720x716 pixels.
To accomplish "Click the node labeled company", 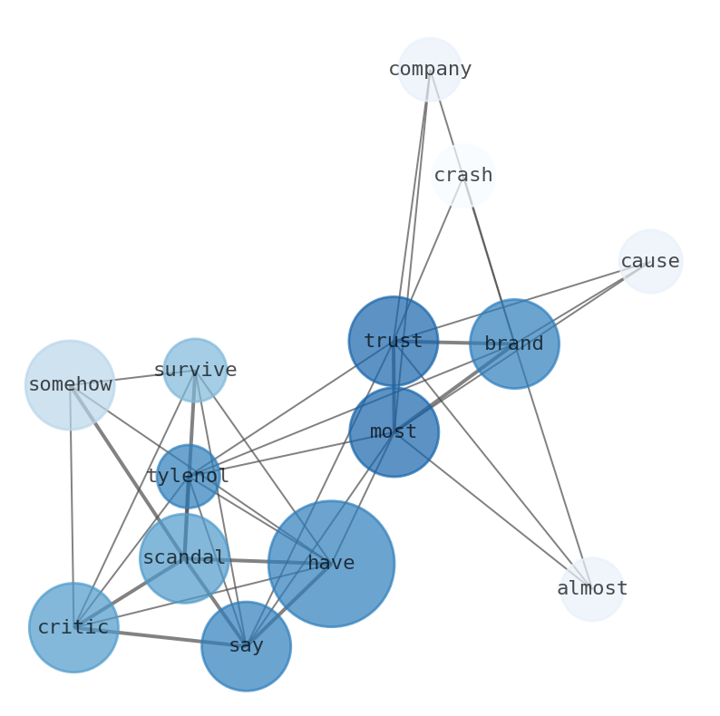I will tap(430, 69).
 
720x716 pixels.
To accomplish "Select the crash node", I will tap(462, 175).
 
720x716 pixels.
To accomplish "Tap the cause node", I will tap(650, 261).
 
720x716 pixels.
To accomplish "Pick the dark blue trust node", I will tap(393, 341).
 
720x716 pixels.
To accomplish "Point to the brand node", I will tap(514, 343).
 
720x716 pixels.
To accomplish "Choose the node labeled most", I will tap(394, 431).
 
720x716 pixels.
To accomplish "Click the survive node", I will tap(195, 370).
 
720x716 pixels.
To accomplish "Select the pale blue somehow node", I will tap(70, 384).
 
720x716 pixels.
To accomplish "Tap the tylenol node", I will tap(188, 476).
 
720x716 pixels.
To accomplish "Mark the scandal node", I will tap(184, 557).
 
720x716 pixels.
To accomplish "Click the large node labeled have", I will tap(331, 563).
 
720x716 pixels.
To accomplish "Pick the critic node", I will tap(73, 627).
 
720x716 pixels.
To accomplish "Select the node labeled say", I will tap(246, 645).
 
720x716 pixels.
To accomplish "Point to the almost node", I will tap(591, 588).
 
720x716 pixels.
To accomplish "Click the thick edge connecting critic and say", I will tap(160, 636).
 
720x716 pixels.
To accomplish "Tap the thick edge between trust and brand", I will tap(453, 343).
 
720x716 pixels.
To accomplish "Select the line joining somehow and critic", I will tap(72, 508).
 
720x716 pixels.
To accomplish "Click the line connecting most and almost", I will tap(494, 511).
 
